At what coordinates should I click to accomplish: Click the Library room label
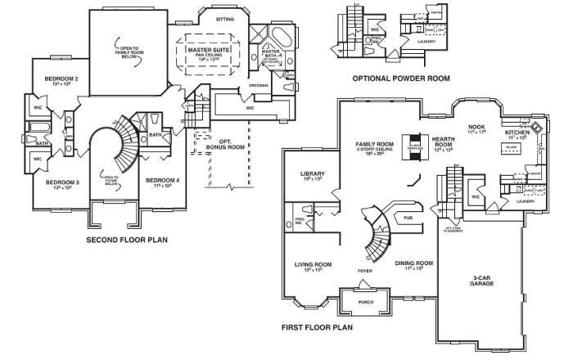tap(313, 174)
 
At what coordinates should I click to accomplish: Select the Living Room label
tap(313, 265)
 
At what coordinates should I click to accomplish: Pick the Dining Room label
tap(413, 263)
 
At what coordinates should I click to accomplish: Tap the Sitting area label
tap(223, 17)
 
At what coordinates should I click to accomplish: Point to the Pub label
tap(408, 218)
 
